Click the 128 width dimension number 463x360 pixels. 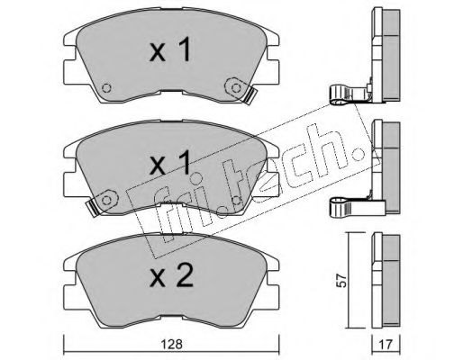(x=171, y=344)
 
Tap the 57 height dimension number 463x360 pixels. (x=342, y=281)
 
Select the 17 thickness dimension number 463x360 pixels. (x=386, y=345)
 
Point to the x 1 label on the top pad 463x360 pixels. (x=170, y=50)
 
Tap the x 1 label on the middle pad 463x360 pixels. (x=170, y=163)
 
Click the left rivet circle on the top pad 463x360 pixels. (x=106, y=88)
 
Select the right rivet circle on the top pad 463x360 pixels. (x=236, y=88)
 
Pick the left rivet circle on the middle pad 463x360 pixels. (x=106, y=200)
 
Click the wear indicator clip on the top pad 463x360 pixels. (x=250, y=96)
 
